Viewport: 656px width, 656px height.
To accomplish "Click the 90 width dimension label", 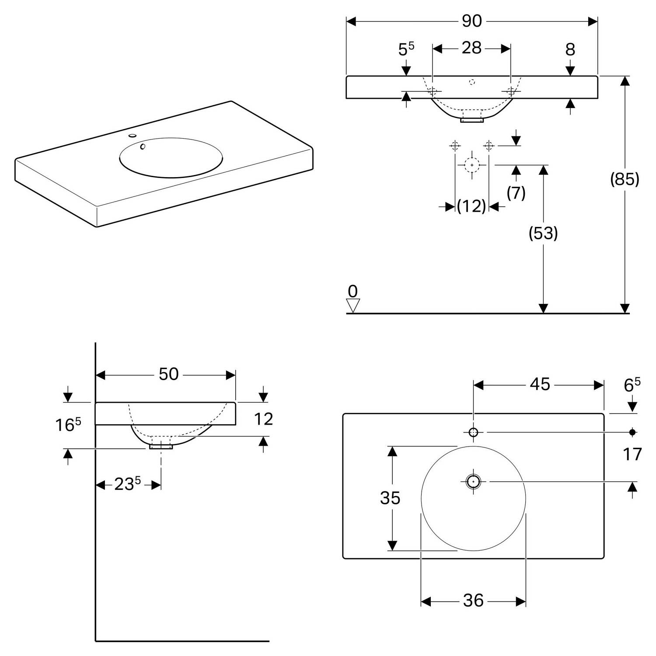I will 472,21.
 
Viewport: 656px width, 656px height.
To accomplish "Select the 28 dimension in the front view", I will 471,48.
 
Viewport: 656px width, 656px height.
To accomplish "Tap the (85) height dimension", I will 625,179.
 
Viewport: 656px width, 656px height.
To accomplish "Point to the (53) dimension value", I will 543,234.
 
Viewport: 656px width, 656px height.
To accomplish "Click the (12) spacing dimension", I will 471,206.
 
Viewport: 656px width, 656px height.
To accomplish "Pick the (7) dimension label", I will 516,192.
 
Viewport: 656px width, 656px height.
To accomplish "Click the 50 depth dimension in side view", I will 168,374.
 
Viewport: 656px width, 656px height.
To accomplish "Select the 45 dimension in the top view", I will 540,384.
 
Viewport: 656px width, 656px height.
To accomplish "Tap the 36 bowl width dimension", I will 473,601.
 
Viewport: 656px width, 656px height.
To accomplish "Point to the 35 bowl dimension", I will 390,498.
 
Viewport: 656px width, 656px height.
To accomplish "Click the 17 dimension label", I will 632,455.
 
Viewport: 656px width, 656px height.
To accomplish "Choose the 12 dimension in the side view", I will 263,419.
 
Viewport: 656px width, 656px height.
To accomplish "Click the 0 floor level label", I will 352,291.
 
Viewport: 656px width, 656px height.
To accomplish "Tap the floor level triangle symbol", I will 352,305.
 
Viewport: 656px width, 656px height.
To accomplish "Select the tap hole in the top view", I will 473,433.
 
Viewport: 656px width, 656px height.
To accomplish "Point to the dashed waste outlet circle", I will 472,165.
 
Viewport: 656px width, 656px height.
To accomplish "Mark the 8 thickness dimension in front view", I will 570,50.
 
